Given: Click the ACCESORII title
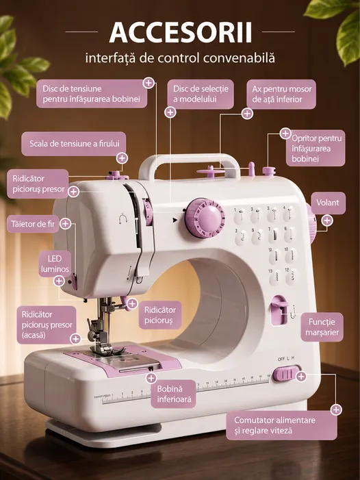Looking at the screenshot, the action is [x=181, y=32].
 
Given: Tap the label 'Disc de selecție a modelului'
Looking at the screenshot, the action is [x=201, y=94].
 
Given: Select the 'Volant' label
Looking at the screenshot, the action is [x=328, y=203].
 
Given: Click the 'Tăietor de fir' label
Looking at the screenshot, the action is [x=33, y=224].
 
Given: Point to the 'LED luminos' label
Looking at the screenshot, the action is [x=55, y=264].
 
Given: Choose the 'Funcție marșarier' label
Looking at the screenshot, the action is [x=322, y=327].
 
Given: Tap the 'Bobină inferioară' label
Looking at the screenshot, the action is [x=174, y=394].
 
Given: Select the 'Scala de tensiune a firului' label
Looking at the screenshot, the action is [x=74, y=144].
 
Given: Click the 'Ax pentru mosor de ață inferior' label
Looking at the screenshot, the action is [x=281, y=94].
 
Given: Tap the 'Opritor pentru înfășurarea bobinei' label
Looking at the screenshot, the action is [x=316, y=148].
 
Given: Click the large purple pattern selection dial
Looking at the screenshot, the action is [x=205, y=218].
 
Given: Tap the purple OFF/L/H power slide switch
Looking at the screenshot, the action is [x=285, y=374].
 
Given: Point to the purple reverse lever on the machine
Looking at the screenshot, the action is [x=279, y=310].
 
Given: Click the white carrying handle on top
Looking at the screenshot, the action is [x=190, y=166].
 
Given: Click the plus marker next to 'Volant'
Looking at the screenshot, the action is [x=327, y=220].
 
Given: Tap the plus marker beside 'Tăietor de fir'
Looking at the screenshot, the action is [x=65, y=224].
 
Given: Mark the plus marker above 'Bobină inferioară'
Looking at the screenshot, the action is [x=151, y=378].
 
